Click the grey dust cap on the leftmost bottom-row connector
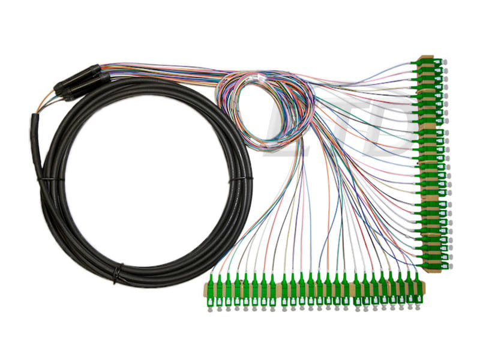pyautogui.click(x=211, y=310)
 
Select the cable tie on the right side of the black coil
pyautogui.click(x=241, y=181)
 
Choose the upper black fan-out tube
pyautogui.click(x=77, y=77)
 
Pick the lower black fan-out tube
pyautogui.click(x=87, y=87)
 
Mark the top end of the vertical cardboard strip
pyautogui.click(x=427, y=56)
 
